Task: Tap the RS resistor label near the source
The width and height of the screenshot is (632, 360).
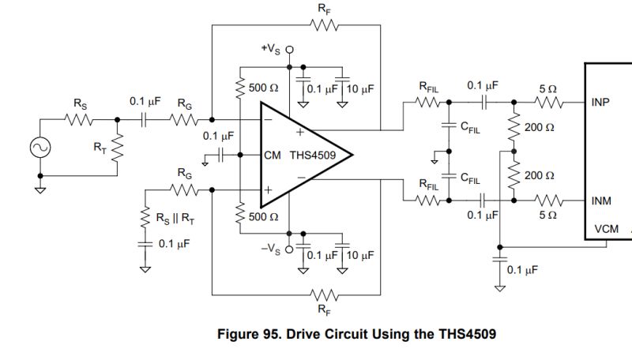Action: coord(81,104)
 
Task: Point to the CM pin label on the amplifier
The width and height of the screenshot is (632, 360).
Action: coord(273,156)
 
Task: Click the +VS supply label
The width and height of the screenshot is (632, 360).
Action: coord(273,49)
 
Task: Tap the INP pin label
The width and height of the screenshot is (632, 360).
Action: coord(600,103)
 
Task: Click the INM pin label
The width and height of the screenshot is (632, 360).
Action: coord(600,201)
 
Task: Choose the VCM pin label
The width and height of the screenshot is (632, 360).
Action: coord(600,229)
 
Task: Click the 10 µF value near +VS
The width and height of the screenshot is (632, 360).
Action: coord(359,88)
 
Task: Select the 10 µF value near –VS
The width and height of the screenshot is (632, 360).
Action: coord(359,256)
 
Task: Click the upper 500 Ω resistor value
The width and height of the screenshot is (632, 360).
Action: coord(262,88)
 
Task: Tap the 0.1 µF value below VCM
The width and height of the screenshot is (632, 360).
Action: coord(522,270)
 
